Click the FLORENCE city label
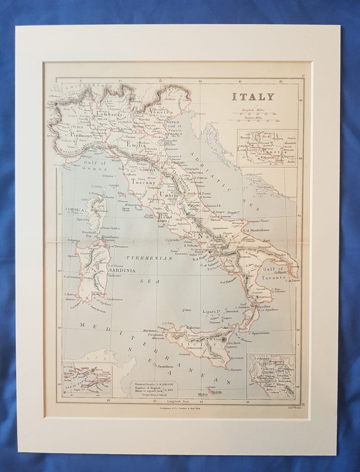pyautogui.click(x=148, y=169)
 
